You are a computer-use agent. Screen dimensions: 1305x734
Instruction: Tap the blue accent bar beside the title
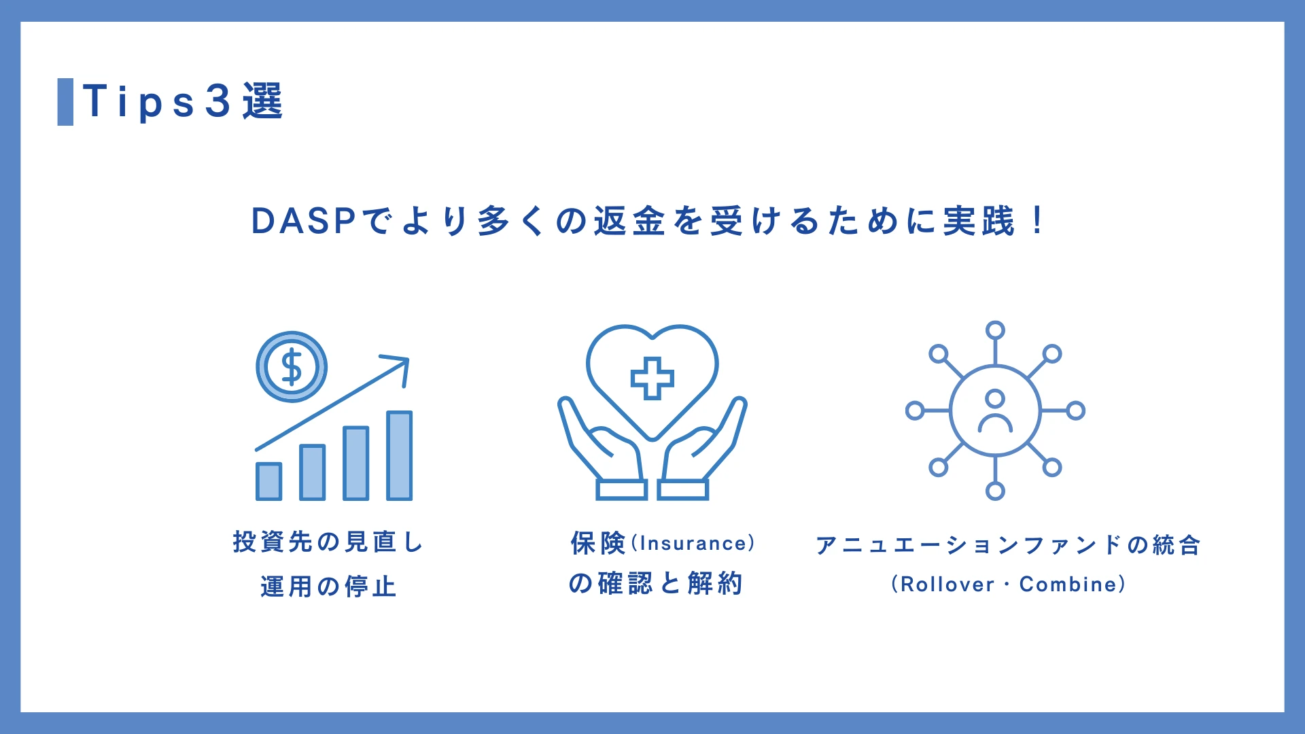[x=65, y=102]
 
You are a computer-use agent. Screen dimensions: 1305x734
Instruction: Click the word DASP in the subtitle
[x=303, y=222]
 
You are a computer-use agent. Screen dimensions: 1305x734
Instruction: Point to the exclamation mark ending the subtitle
[x=1037, y=220]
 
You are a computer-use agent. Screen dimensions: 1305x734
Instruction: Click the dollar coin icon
[x=292, y=367]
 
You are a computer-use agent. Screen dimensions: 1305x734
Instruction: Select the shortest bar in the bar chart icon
[x=269, y=481]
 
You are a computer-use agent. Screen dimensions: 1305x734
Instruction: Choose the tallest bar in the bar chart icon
[x=400, y=455]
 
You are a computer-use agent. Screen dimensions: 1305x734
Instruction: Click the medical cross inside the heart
[x=652, y=378]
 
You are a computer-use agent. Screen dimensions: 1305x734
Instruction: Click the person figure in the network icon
[x=995, y=411]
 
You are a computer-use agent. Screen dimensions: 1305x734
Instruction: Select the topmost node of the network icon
[x=995, y=330]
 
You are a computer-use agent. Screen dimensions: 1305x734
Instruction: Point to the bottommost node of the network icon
[x=995, y=491]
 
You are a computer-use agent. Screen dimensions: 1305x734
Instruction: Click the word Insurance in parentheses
[x=693, y=544]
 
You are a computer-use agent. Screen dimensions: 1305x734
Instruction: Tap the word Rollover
[x=947, y=584]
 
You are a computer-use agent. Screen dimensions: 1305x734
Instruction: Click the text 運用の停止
[x=328, y=587]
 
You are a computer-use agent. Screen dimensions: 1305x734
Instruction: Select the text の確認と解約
[x=655, y=583]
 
